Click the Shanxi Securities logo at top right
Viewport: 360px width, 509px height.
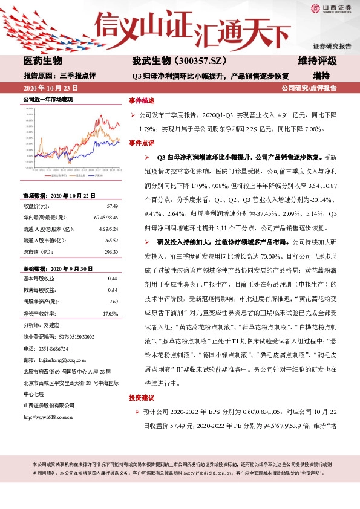click(331, 9)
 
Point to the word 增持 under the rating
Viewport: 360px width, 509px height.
click(321, 76)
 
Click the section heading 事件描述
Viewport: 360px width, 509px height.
click(142, 100)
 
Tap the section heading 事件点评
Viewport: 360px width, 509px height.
click(142, 143)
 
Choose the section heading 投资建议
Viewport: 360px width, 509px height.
click(142, 399)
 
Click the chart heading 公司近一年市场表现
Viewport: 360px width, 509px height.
click(48, 99)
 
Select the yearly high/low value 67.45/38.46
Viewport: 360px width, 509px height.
click(106, 217)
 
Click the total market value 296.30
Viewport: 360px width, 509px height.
click(110, 251)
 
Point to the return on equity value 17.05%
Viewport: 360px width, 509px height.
click(110, 314)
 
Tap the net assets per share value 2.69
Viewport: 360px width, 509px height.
click(113, 301)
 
